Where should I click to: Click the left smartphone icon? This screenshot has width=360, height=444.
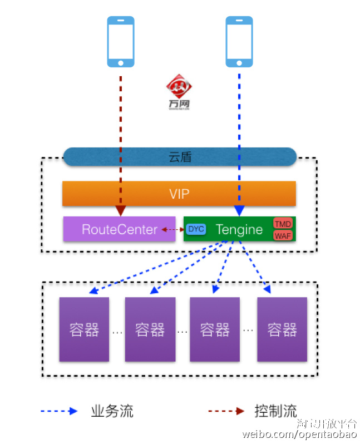coord(121,41)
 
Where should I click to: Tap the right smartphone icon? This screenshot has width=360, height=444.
coord(239,41)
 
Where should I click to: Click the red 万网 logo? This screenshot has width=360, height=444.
coord(179,91)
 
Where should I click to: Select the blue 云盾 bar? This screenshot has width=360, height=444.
coord(180,157)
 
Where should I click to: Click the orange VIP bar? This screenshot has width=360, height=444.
coord(179,194)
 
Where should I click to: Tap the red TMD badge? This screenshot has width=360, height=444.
coord(283,224)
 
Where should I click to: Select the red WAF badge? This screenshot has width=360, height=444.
coord(283,235)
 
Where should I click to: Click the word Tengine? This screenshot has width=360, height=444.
coord(239,229)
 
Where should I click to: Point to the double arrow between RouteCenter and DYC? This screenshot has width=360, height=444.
coord(172,229)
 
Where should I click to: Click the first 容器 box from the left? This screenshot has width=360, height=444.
coord(84,329)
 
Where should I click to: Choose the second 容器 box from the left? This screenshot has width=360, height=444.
coord(150,329)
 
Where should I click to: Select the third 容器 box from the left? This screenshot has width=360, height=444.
coord(215,329)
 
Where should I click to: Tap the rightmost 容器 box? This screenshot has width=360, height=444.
coord(282,329)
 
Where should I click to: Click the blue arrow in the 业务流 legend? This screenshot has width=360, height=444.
coord(58,412)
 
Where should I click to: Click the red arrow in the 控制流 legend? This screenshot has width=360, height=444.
coord(226,412)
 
